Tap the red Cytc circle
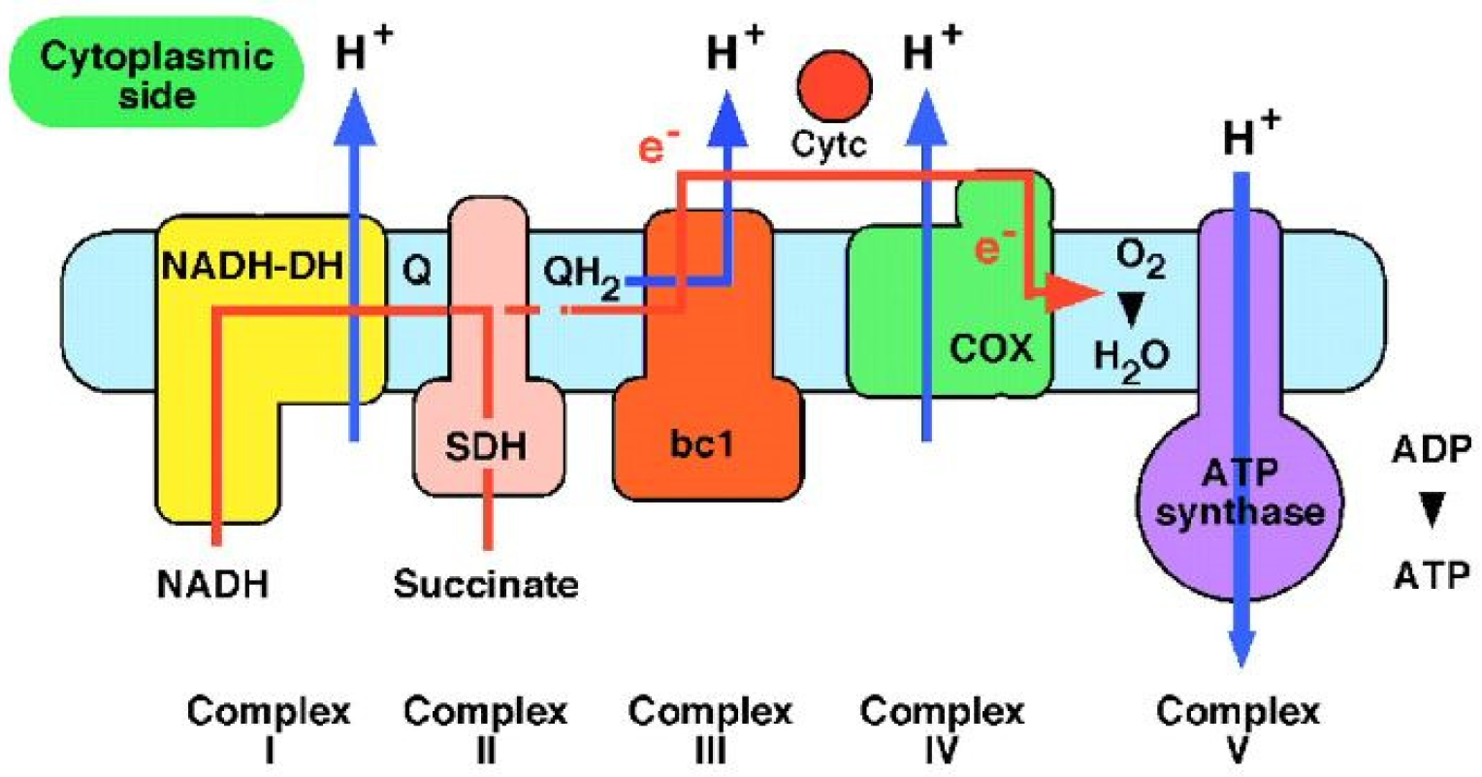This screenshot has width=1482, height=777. coord(833,85)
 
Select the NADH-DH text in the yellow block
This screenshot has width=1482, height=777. coord(252,265)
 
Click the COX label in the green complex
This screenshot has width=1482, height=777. coord(990,347)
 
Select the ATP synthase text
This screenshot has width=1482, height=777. coord(1239,492)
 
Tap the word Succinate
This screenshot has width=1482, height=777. coord(486,584)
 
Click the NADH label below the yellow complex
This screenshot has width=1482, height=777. coord(213,584)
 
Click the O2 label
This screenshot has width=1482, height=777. coord(1141,260)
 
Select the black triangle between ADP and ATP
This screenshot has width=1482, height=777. coord(1433,510)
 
